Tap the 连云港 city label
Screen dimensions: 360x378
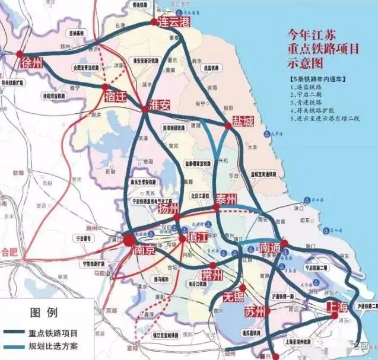pyautogui.click(x=174, y=21)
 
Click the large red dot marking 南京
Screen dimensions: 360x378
pyautogui.click(x=128, y=239)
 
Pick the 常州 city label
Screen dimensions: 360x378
pyautogui.click(x=212, y=275)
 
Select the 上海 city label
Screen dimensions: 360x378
pyautogui.click(x=337, y=307)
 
